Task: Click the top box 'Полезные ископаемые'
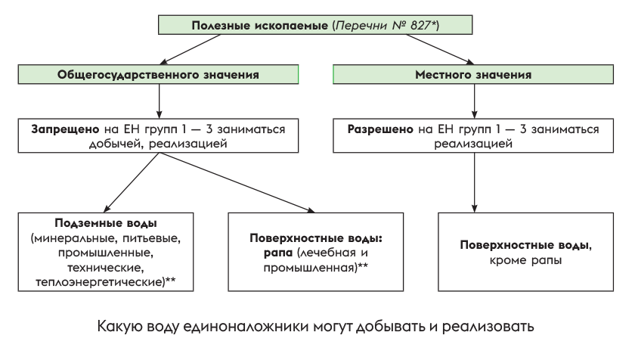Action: [x=315, y=25]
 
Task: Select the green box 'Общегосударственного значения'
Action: [x=159, y=75]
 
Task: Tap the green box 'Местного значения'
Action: [x=474, y=75]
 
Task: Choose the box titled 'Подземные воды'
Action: [x=106, y=253]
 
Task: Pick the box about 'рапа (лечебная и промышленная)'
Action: [x=316, y=253]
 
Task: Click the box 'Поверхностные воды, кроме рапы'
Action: [x=525, y=253]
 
